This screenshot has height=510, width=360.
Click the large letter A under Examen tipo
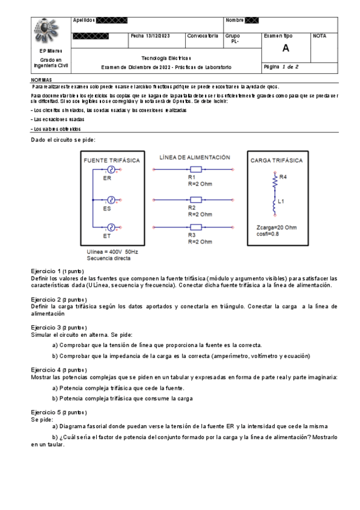click(285, 49)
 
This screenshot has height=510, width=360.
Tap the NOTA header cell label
click(320, 36)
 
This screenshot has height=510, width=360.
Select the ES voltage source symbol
click(111, 200)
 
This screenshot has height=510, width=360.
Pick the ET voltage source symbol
click(111, 227)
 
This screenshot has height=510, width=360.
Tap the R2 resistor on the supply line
click(195, 200)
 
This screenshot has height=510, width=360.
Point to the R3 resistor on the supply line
click(195, 227)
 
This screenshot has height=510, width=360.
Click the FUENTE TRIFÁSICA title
click(112, 161)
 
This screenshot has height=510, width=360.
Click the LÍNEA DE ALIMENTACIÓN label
click(195, 157)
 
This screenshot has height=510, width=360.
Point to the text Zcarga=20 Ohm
click(276, 227)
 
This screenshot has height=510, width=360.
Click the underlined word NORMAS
click(41, 80)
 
